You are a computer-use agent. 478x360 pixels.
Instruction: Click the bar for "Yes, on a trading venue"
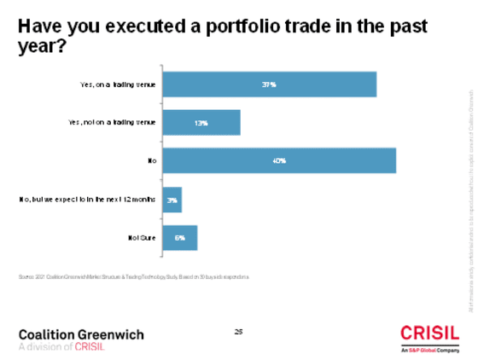(269, 84)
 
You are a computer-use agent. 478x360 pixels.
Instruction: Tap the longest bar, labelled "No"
(278, 160)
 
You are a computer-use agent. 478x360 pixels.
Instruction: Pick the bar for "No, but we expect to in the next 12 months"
(172, 199)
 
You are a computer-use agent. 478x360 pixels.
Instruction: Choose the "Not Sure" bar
(179, 237)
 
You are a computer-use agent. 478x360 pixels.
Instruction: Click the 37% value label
(269, 84)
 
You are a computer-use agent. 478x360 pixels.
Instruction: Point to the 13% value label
(201, 122)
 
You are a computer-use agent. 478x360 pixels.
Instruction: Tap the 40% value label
(278, 160)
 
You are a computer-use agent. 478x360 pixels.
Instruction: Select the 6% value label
(180, 237)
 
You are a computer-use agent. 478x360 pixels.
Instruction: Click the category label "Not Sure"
(139, 237)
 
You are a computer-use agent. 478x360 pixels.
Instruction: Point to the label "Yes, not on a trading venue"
(113, 122)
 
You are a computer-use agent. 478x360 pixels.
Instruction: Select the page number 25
(239, 330)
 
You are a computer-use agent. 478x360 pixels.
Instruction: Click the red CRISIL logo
(428, 334)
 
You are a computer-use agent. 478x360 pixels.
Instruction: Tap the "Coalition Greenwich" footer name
(81, 334)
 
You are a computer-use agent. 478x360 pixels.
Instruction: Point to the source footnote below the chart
(132, 277)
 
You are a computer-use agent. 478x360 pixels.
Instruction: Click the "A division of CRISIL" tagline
(61, 346)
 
